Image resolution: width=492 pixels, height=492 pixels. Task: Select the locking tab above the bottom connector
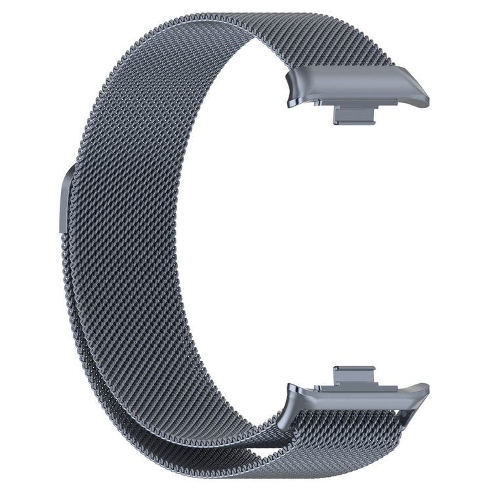(x=354, y=375)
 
